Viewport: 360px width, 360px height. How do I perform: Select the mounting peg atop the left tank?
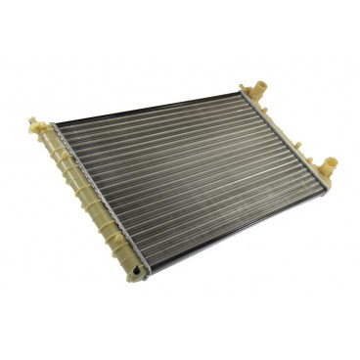tap(40, 124)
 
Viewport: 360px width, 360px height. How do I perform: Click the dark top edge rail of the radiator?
tap(147, 109)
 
